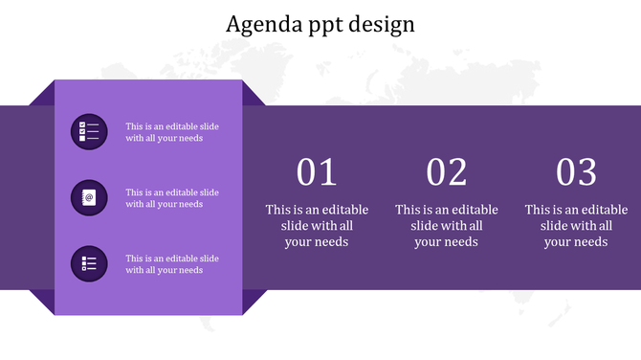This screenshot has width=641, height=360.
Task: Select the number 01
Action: click(317, 172)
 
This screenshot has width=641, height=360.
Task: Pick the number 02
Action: click(447, 172)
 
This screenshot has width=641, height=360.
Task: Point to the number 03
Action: click(577, 172)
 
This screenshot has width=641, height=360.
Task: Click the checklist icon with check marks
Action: click(89, 131)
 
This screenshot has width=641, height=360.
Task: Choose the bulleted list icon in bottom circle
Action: click(89, 263)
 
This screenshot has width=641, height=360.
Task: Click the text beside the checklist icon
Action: click(172, 131)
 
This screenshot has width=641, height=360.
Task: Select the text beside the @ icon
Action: click(172, 198)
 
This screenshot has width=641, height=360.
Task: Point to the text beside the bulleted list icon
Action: click(172, 264)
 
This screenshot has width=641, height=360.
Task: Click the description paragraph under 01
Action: click(317, 226)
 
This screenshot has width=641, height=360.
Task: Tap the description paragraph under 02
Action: click(447, 226)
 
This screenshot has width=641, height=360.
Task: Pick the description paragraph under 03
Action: click(577, 226)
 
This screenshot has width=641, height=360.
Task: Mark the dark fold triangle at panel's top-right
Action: click(250, 96)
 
